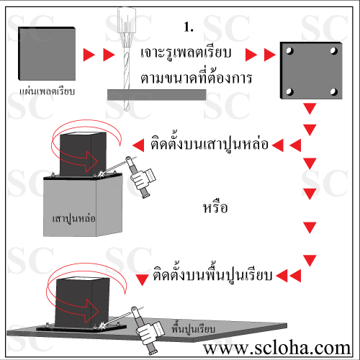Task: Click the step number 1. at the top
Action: [189, 27]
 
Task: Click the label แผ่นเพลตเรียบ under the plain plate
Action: [47, 91]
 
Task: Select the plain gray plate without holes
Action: [47, 53]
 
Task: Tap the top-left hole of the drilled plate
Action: [289, 51]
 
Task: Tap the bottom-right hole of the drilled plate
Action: [333, 91]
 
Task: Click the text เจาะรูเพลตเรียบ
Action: [186, 53]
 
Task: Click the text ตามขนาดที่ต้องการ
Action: [196, 77]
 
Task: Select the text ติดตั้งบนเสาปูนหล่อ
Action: [210, 143]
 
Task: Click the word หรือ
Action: [215, 207]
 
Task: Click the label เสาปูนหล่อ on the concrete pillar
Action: [74, 219]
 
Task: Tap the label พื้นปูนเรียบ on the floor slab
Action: [193, 328]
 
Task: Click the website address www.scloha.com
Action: [276, 348]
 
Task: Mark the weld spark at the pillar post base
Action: [101, 174]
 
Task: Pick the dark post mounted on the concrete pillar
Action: [83, 154]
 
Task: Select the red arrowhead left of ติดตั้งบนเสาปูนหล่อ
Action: [138, 145]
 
